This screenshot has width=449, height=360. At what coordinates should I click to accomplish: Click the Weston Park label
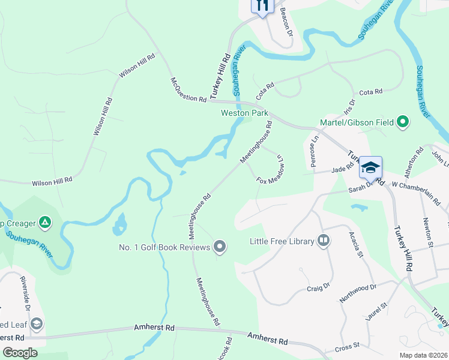tap(244, 113)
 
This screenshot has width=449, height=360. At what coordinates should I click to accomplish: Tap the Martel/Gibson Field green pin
tap(403, 122)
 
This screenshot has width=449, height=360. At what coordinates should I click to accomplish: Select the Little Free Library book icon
tap(324, 241)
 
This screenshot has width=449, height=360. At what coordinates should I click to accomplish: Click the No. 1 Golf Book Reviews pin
tap(220, 247)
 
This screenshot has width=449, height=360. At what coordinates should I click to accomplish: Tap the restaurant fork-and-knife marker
tap(262, 5)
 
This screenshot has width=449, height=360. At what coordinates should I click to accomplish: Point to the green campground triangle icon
tap(44, 223)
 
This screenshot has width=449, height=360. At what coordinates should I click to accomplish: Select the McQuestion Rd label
tap(188, 89)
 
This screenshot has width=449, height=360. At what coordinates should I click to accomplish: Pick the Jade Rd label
tap(342, 170)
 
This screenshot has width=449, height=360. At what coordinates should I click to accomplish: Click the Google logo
tap(20, 353)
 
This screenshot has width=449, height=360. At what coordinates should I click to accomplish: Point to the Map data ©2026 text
tap(423, 355)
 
